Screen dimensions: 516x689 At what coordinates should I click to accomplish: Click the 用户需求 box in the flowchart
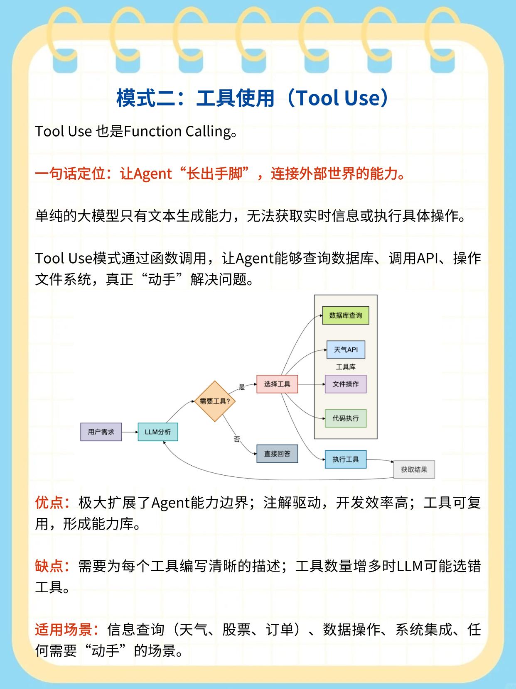[101, 432]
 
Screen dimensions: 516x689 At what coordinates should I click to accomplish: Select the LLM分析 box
[157, 432]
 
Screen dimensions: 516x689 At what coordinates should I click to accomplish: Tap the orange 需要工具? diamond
[215, 401]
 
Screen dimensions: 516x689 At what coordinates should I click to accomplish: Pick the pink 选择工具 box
[277, 384]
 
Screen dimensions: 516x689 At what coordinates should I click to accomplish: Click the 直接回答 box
[277, 454]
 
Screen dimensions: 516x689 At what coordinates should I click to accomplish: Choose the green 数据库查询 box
[346, 315]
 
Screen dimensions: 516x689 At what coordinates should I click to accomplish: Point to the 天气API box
[346, 349]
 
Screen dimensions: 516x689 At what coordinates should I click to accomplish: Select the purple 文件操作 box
[346, 384]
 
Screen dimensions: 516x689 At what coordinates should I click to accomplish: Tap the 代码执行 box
[346, 418]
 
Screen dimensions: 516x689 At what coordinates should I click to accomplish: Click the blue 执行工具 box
[346, 459]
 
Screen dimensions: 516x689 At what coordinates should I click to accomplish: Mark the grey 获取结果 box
[414, 469]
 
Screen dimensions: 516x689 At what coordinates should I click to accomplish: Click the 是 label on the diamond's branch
[242, 387]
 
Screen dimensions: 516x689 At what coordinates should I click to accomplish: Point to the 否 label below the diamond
[237, 439]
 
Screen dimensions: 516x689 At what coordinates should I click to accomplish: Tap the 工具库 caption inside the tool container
[346, 367]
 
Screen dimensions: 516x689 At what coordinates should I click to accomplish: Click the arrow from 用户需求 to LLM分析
[130, 432]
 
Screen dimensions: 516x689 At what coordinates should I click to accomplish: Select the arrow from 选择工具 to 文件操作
[312, 384]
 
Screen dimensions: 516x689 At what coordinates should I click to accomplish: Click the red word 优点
[49, 503]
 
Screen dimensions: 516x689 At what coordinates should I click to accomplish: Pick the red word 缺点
[49, 566]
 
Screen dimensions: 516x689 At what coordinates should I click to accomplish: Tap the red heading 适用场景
[64, 629]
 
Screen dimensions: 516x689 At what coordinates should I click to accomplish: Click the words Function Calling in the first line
[177, 131]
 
